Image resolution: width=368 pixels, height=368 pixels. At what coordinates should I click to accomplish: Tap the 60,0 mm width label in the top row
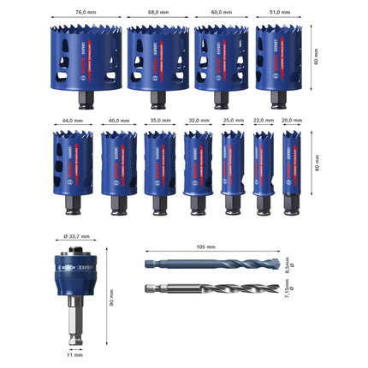(223, 13)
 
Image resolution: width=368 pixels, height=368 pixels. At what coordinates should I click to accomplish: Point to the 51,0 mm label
(280, 13)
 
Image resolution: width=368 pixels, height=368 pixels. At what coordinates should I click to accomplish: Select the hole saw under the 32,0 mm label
(198, 163)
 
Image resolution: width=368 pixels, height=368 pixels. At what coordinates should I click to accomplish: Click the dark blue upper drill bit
(205, 264)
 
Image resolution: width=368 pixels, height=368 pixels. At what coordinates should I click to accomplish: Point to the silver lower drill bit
(205, 289)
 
